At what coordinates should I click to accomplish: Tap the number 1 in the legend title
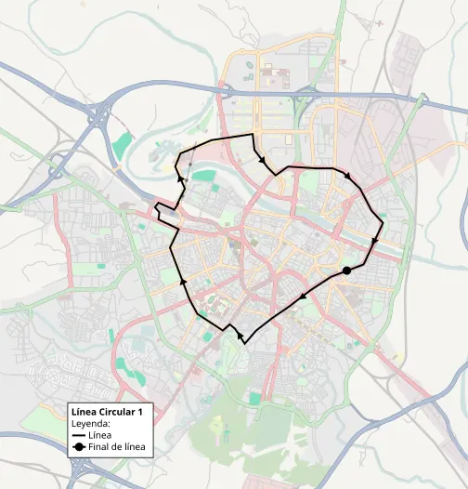coord(139,411)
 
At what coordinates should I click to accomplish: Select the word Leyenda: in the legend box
coord(91,422)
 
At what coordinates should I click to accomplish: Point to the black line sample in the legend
coord(79,435)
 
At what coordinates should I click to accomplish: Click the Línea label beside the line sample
coord(100,435)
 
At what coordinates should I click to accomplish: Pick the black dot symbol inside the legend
coord(79,447)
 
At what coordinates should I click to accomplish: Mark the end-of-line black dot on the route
coord(346,271)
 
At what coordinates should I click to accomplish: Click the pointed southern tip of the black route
coord(244,343)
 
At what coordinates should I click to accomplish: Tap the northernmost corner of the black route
coord(252,136)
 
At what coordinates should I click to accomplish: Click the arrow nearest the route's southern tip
coord(240,333)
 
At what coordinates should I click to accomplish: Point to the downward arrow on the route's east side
coord(375,242)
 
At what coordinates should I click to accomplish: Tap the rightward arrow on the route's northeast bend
coord(348,174)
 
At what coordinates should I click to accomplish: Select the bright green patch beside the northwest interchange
coord(121,145)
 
